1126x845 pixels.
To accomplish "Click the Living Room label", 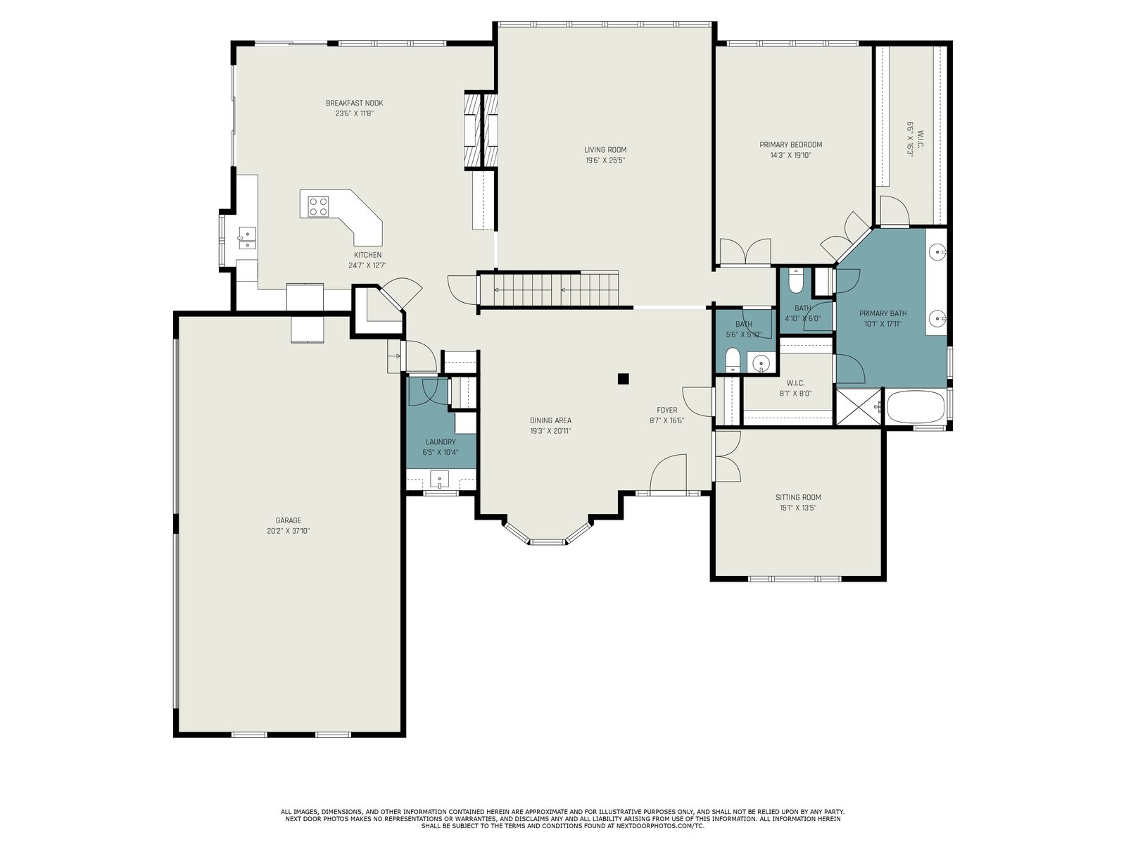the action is click(605, 150).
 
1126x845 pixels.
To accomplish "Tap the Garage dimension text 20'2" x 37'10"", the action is click(289, 531).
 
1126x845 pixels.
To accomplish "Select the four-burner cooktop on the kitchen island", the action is click(317, 206).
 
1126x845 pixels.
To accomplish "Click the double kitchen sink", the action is click(247, 238).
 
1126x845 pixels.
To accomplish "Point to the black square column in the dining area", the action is click(623, 379).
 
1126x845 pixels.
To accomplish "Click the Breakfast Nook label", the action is click(355, 103).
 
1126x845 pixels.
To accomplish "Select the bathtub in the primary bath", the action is click(915, 408).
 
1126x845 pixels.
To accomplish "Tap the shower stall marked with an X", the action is click(859, 408).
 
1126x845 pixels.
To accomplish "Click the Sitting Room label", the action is click(798, 497).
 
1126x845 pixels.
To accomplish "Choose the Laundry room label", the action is click(441, 442).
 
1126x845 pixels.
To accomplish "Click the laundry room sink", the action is click(439, 480).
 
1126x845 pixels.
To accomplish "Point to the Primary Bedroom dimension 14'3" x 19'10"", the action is click(790, 156).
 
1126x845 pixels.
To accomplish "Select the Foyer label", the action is click(667, 410).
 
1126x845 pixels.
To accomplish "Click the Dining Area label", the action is click(550, 420).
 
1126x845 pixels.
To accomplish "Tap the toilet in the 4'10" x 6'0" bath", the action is click(796, 281).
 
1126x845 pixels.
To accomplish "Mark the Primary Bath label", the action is click(883, 313).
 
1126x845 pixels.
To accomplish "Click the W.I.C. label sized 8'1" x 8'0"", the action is click(796, 383).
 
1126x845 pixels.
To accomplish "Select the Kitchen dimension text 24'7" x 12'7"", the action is click(367, 265).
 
